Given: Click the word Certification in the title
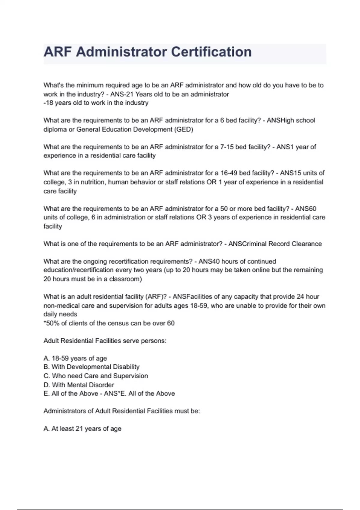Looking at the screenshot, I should click(211, 52).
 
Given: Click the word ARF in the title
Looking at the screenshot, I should click(58, 52).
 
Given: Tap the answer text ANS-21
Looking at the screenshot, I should click(122, 94).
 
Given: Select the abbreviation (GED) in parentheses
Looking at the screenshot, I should click(183, 129).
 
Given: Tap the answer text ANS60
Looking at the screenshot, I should click(306, 208).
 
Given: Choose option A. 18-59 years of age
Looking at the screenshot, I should click(75, 358).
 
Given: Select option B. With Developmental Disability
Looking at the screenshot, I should click(91, 367).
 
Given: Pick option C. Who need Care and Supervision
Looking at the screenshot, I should click(96, 376).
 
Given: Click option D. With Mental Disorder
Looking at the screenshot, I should click(79, 385).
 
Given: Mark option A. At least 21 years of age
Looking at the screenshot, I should click(82, 429).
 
